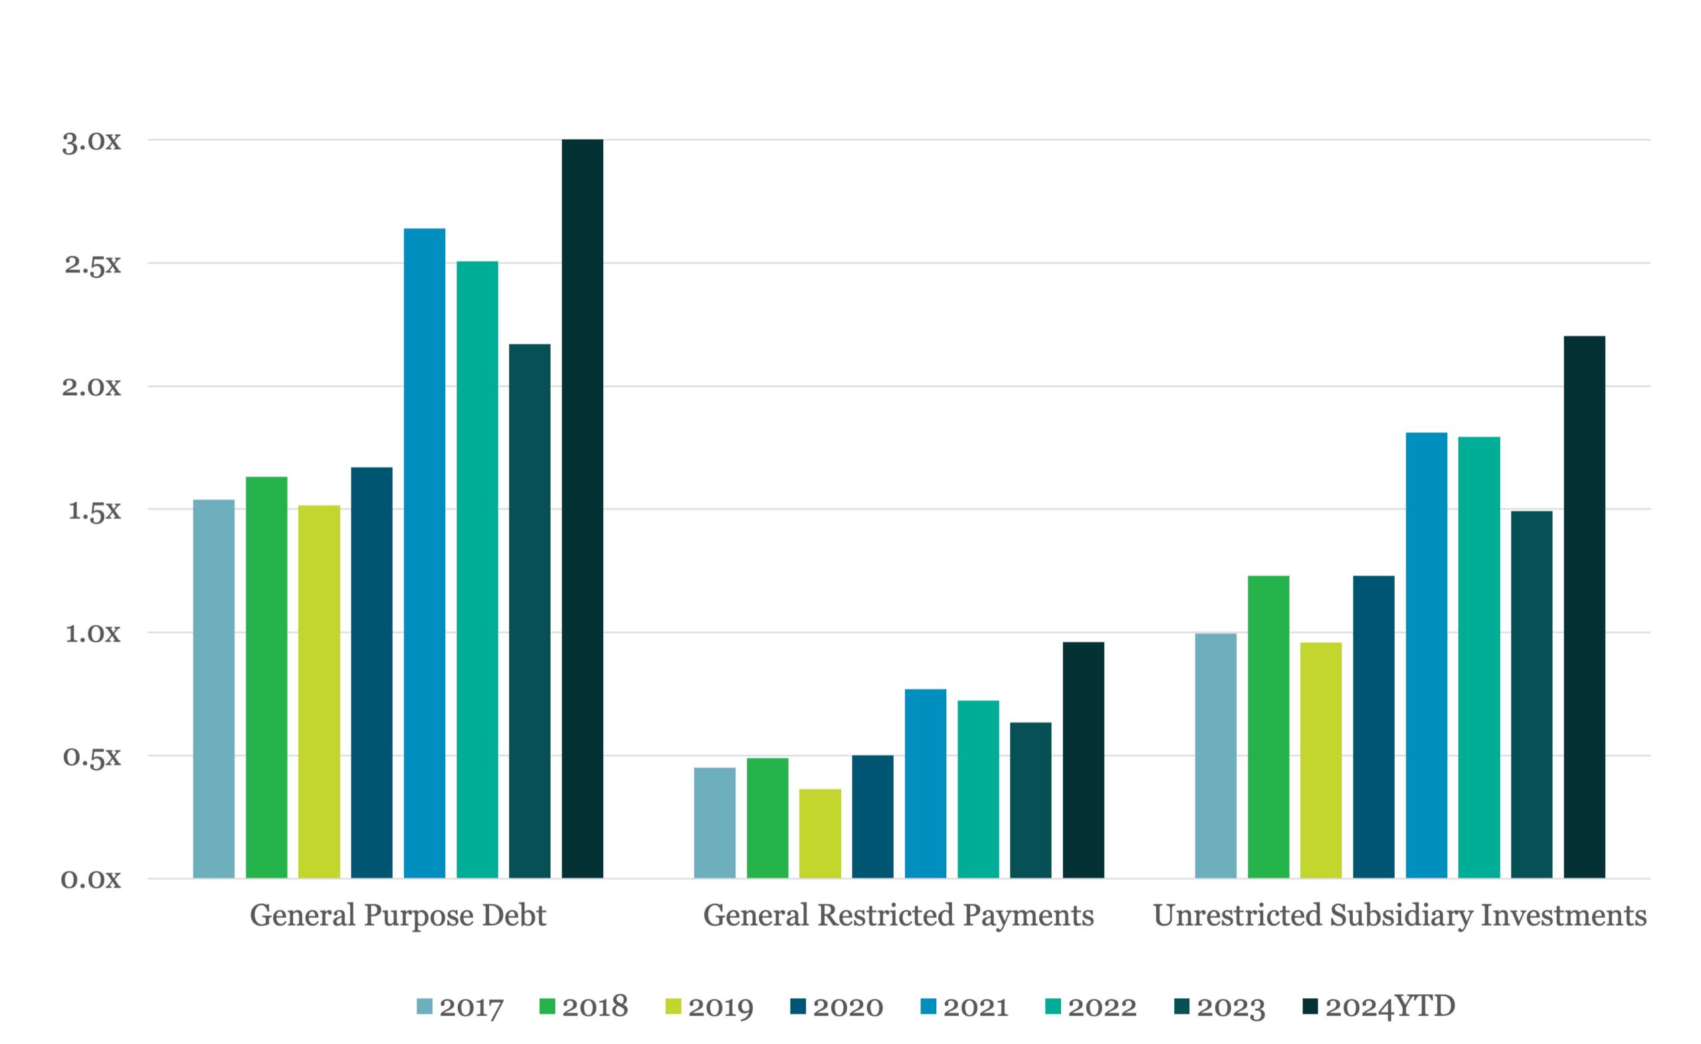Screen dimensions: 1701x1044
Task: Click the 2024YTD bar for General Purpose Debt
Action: (582, 509)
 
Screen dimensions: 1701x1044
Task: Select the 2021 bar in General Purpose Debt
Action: (425, 553)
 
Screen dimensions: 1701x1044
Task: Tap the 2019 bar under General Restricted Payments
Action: (821, 833)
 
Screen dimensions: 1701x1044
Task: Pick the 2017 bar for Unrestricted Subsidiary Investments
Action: (1215, 756)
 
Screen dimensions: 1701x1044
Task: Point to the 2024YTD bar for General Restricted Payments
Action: (1084, 760)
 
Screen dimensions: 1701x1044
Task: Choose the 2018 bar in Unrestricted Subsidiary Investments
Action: (1268, 727)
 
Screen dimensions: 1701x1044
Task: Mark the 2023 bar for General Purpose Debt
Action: (530, 611)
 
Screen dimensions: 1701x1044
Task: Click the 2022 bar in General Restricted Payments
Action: (978, 789)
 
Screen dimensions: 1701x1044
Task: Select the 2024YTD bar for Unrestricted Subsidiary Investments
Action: (1585, 608)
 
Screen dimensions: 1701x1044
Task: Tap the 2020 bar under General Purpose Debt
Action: (371, 673)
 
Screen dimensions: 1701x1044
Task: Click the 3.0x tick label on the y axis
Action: (91, 141)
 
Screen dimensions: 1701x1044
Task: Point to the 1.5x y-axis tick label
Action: (94, 511)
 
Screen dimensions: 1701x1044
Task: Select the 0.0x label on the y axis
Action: (91, 880)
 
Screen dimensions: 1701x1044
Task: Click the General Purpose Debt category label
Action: (398, 916)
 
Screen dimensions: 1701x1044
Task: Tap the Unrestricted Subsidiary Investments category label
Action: (1400, 916)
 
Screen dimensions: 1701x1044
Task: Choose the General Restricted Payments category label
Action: (898, 916)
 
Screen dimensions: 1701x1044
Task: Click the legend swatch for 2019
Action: (673, 1006)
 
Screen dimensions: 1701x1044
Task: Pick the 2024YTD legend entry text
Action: (1390, 1007)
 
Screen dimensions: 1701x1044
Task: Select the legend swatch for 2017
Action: (425, 1006)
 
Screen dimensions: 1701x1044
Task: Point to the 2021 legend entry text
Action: (976, 1007)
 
